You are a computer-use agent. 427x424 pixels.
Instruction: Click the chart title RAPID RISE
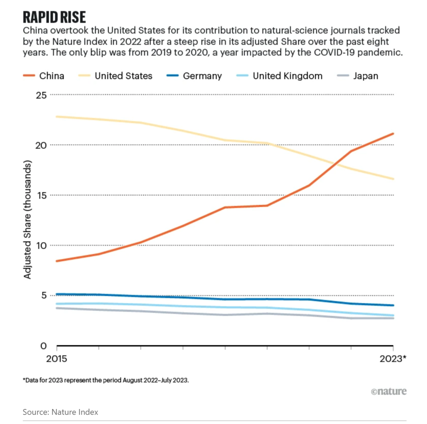(55, 18)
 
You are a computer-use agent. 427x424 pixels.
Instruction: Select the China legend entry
(52, 75)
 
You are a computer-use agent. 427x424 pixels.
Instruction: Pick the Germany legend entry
(202, 75)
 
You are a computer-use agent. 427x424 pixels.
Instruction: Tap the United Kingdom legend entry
(287, 75)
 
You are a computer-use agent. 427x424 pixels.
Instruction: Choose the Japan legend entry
(365, 75)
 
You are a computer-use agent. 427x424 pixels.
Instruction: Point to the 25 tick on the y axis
(41, 95)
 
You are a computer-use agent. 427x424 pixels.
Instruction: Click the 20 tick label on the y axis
(41, 145)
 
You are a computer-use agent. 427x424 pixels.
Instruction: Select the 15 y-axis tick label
(41, 195)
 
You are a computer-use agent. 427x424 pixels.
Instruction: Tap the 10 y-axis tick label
(41, 245)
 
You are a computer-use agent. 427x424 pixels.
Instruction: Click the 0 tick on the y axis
(43, 346)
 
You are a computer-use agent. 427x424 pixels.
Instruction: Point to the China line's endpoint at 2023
(393, 134)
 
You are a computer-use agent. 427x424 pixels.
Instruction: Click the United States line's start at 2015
(57, 117)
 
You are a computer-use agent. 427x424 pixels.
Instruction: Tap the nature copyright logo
(389, 391)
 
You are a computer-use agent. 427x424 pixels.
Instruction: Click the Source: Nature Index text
(60, 412)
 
